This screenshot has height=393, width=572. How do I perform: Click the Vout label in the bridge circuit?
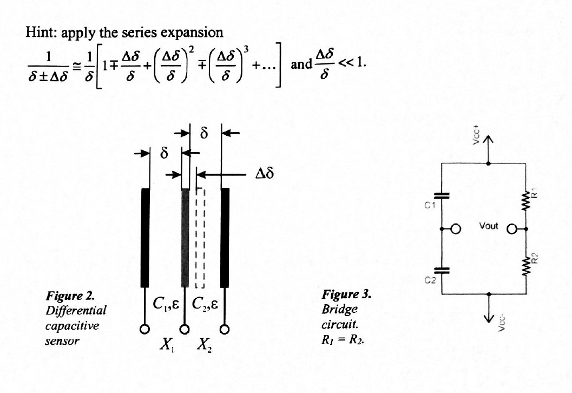click(x=489, y=226)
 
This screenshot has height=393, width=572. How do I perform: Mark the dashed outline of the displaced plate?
click(x=199, y=238)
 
